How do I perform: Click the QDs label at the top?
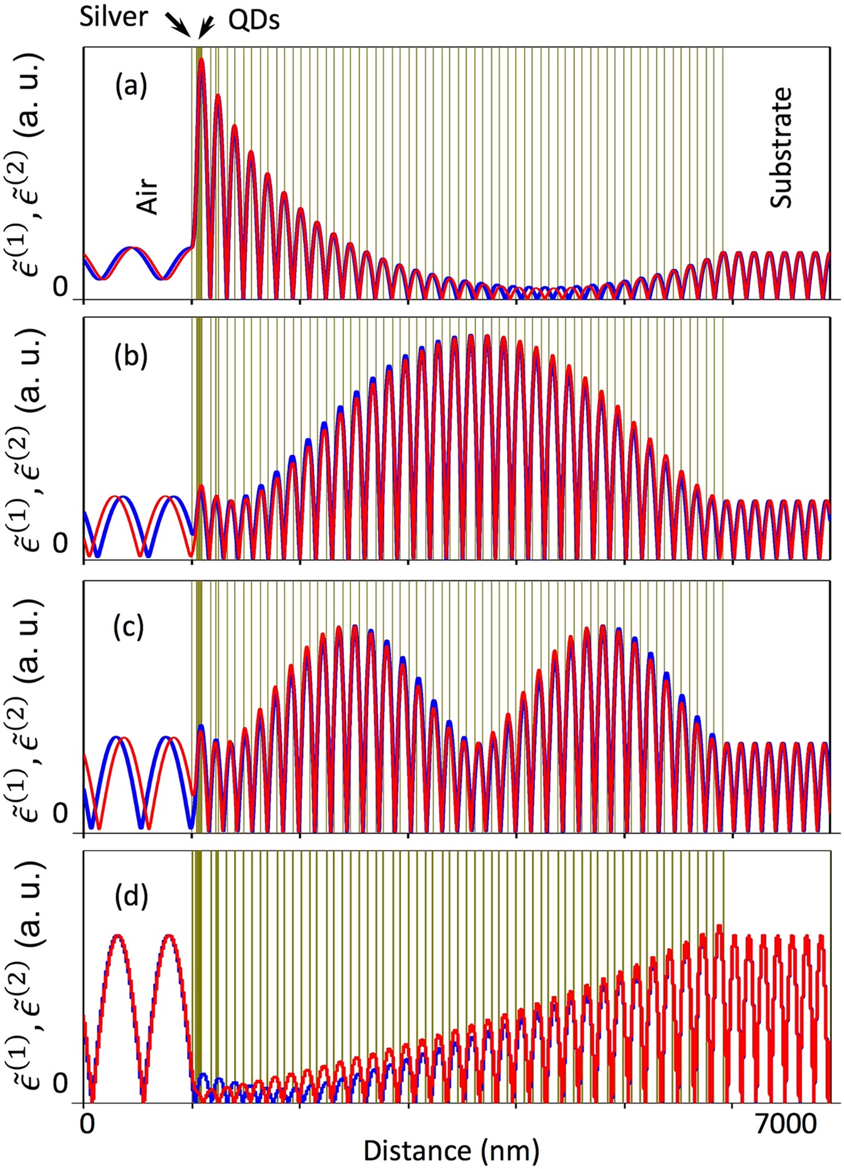[254, 21]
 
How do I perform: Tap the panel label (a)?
[131, 86]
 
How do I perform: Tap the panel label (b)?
[131, 357]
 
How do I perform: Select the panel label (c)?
[129, 627]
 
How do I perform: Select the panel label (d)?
[131, 897]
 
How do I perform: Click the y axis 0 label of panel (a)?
[60, 288]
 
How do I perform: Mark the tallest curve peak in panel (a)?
[201, 59]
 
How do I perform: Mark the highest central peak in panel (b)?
[470, 335]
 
